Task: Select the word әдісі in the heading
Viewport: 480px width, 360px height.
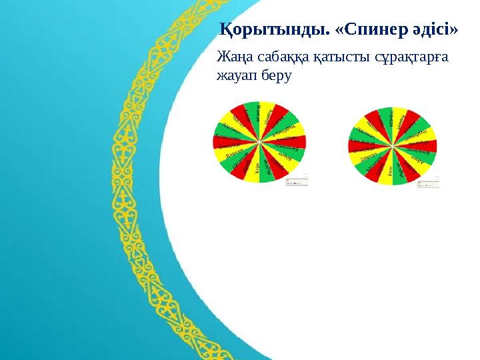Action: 427,30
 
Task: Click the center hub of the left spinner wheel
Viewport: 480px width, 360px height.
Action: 259,141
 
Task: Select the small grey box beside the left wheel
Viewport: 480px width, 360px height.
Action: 297,181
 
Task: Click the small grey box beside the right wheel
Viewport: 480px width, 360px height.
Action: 428,182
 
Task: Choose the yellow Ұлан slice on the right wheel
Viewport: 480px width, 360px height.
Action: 387,171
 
